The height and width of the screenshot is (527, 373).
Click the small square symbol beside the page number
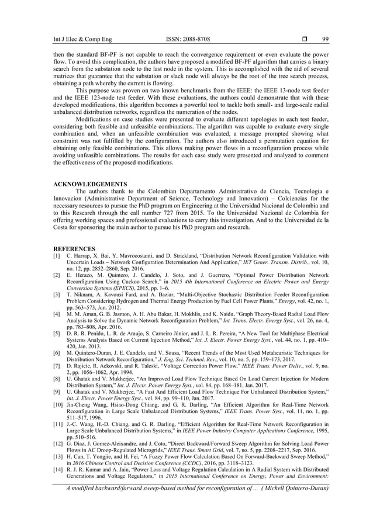304,39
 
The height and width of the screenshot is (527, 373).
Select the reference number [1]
57,256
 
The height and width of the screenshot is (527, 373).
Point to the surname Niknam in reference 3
82,297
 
